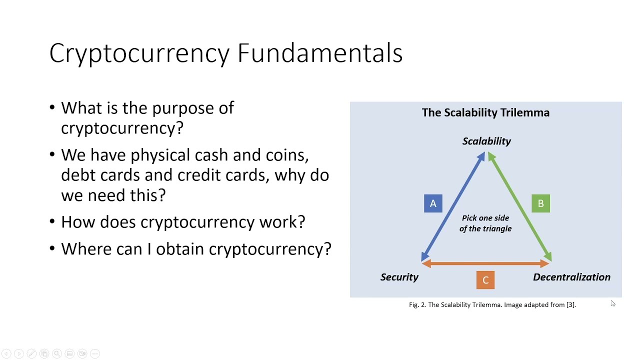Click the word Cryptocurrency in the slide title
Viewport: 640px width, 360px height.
pyautogui.click(x=139, y=53)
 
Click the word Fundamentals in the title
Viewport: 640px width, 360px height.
pyautogui.click(x=320, y=53)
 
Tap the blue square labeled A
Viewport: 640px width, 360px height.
pyautogui.click(x=433, y=203)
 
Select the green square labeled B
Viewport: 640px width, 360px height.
pyautogui.click(x=540, y=203)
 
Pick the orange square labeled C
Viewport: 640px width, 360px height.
pyautogui.click(x=485, y=280)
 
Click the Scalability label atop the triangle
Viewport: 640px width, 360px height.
pyautogui.click(x=486, y=141)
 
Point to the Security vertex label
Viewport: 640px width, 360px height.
pyautogui.click(x=399, y=277)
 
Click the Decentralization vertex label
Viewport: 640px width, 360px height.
pyautogui.click(x=571, y=277)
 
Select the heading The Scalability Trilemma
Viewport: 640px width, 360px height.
pyautogui.click(x=485, y=112)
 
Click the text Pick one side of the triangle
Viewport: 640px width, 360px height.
pyautogui.click(x=485, y=223)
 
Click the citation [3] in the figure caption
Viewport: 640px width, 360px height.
pyautogui.click(x=570, y=304)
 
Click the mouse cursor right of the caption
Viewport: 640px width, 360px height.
pyautogui.click(x=613, y=303)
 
